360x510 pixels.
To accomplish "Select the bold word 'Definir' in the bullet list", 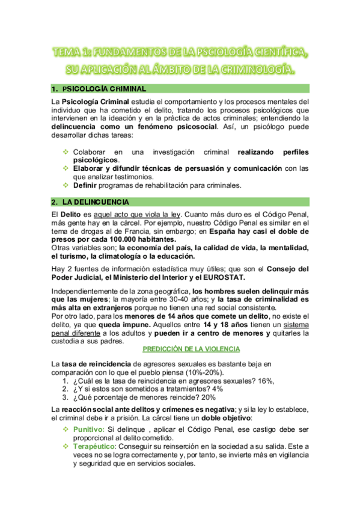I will [x=87, y=185].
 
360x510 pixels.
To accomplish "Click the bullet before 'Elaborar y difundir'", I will [x=66, y=169].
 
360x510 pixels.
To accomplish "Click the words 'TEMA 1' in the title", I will [x=71, y=54].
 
